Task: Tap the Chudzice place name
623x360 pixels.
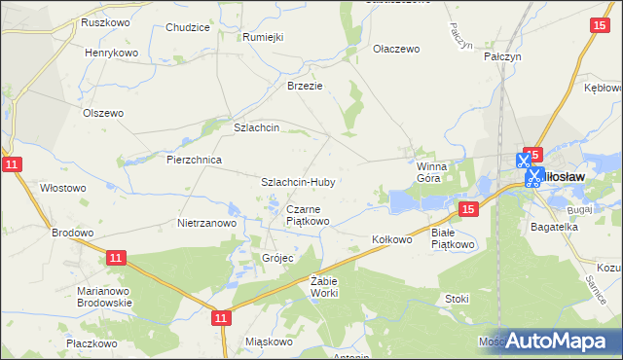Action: tap(188, 28)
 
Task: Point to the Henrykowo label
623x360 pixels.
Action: tap(112, 53)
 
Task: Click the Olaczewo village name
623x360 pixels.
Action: tap(395, 48)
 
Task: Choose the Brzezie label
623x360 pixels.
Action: tap(304, 86)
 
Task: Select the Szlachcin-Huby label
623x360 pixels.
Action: tap(297, 182)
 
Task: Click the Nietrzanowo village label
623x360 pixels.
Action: tap(207, 223)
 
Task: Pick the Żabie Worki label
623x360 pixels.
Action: tap(323, 286)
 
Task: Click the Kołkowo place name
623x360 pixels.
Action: tap(393, 238)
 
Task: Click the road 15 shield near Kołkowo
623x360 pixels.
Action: tap(468, 210)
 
